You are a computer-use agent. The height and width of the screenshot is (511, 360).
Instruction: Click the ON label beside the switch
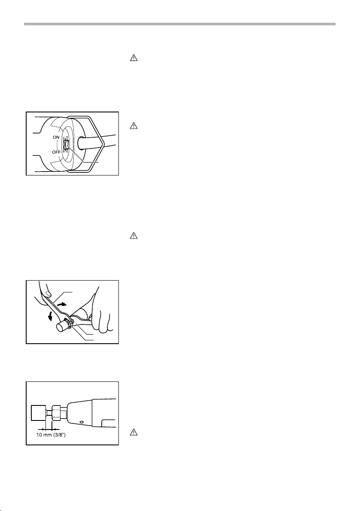click(56, 138)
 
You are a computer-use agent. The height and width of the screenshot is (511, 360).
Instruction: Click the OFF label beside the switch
click(56, 152)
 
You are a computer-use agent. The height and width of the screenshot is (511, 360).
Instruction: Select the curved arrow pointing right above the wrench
click(61, 303)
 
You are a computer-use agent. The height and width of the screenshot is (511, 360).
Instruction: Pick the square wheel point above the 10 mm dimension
click(39, 413)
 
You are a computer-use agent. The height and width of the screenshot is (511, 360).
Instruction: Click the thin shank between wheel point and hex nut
click(49, 413)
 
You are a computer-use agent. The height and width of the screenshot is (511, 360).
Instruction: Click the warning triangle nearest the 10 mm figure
click(133, 432)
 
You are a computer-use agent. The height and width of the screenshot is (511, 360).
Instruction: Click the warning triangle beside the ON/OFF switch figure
click(133, 125)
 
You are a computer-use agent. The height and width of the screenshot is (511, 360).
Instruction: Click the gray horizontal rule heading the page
click(179, 24)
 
